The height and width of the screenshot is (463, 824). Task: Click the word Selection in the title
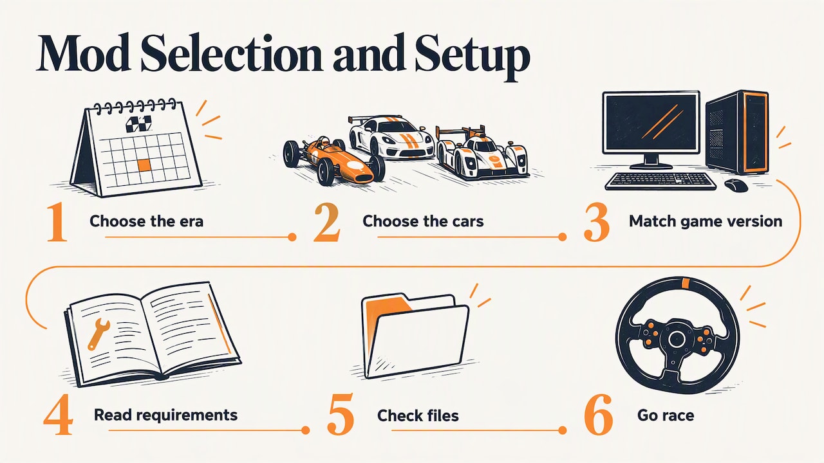pyautogui.click(x=232, y=53)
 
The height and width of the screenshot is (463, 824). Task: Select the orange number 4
pyautogui.click(x=58, y=414)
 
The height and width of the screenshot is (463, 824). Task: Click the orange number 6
pyautogui.click(x=598, y=415)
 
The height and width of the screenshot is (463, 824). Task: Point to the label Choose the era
pyautogui.click(x=146, y=221)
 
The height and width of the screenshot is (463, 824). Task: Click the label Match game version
pyautogui.click(x=705, y=221)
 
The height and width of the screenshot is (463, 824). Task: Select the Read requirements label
pyautogui.click(x=165, y=415)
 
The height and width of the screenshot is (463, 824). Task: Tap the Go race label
pyautogui.click(x=666, y=415)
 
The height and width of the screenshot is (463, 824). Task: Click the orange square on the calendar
pyautogui.click(x=145, y=165)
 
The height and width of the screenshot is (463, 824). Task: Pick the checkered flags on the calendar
pyautogui.click(x=138, y=124)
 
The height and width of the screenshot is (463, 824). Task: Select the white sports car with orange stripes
pyautogui.click(x=391, y=137)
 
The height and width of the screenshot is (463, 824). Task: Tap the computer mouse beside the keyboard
pyautogui.click(x=736, y=185)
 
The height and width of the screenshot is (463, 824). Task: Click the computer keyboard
pyautogui.click(x=660, y=181)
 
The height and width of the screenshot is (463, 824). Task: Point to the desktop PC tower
pyautogui.click(x=737, y=132)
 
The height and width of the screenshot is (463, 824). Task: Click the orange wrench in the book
pyautogui.click(x=98, y=334)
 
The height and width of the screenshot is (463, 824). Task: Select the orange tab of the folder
pyautogui.click(x=386, y=308)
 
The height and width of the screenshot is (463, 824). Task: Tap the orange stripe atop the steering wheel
pyautogui.click(x=685, y=283)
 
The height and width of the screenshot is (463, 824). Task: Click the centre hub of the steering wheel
pyautogui.click(x=676, y=339)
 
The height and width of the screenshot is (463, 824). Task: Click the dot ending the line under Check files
pyautogui.click(x=562, y=430)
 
